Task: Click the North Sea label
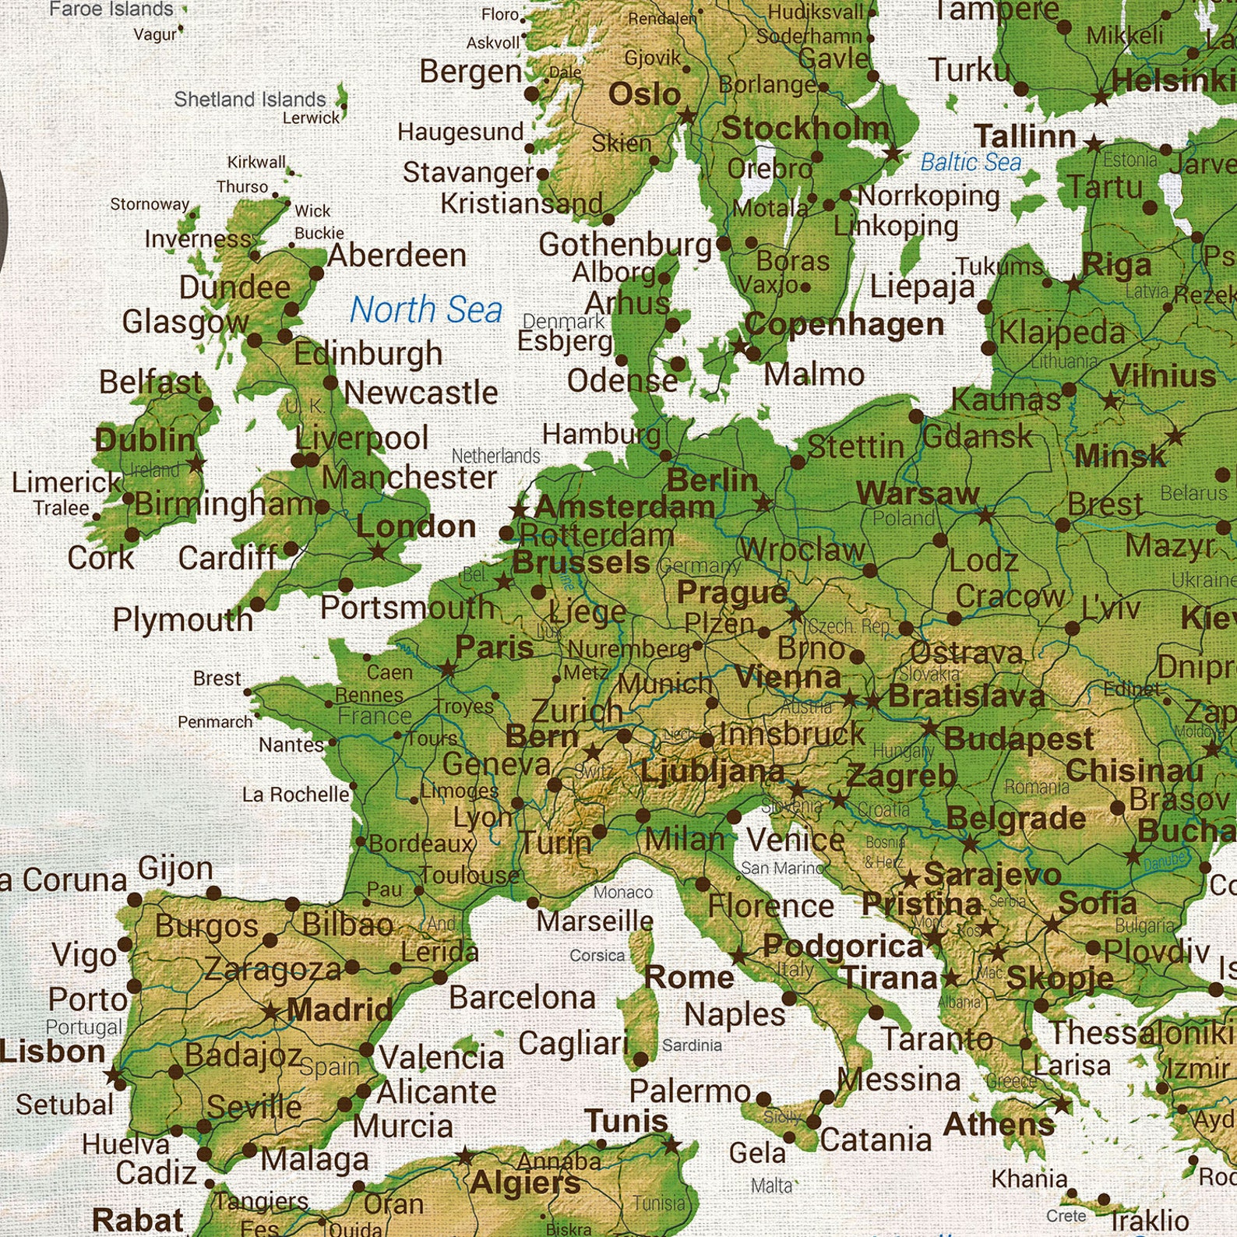click(425, 310)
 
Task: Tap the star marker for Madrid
click(270, 1013)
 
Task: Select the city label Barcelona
click(522, 997)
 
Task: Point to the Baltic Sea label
click(970, 162)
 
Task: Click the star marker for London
click(378, 552)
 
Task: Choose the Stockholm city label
click(804, 129)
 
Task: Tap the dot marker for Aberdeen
click(316, 273)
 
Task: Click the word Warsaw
click(917, 493)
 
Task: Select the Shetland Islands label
click(249, 100)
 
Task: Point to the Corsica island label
click(597, 955)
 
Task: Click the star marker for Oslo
click(687, 117)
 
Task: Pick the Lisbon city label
click(51, 1052)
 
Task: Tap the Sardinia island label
click(692, 1045)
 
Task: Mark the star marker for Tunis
click(671, 1145)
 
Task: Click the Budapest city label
click(1018, 738)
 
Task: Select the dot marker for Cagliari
click(640, 1059)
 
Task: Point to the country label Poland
click(903, 518)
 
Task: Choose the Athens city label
click(999, 1124)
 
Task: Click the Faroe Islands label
click(111, 9)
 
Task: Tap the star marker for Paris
click(447, 668)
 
